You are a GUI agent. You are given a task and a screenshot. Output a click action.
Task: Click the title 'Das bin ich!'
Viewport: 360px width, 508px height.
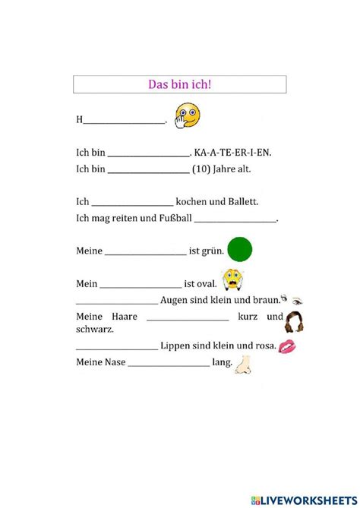click(179, 84)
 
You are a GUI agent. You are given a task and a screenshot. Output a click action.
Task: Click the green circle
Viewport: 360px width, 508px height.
click(239, 248)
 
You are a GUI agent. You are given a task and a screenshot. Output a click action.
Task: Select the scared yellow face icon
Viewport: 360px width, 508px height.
click(232, 281)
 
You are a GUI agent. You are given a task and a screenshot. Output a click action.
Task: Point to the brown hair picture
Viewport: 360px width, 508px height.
click(294, 322)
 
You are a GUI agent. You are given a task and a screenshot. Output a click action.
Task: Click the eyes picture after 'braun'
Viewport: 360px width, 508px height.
click(292, 298)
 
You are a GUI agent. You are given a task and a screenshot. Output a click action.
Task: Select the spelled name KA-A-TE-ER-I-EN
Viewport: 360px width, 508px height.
click(232, 153)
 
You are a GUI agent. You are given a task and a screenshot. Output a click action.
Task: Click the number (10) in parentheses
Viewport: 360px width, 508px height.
click(201, 169)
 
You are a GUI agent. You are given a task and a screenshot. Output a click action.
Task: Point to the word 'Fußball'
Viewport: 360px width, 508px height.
click(174, 219)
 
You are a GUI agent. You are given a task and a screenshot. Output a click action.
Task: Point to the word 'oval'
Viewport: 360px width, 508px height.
click(207, 284)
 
